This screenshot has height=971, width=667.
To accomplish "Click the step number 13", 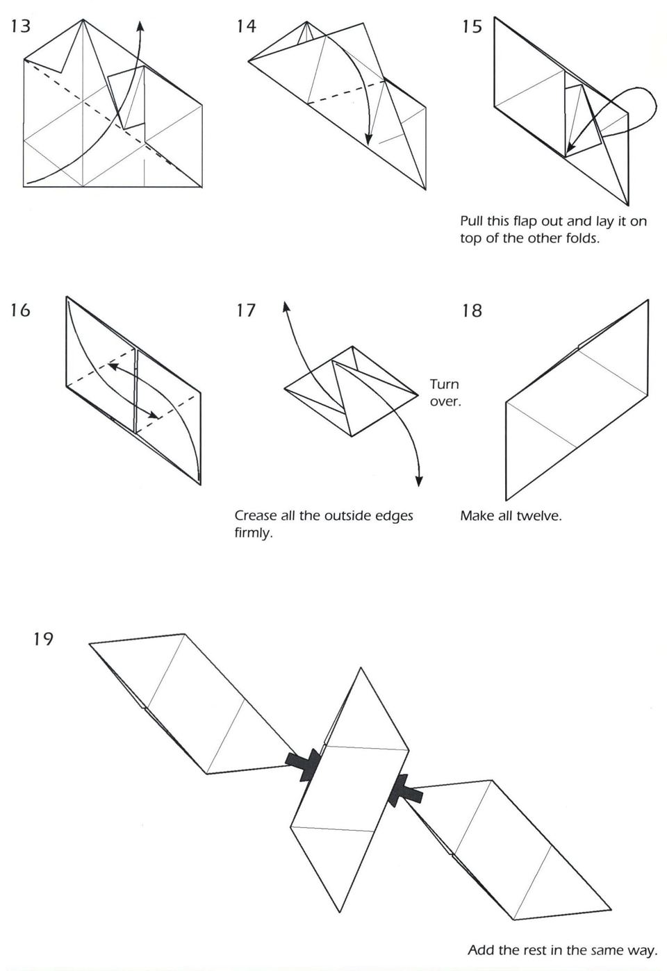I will click(x=21, y=26).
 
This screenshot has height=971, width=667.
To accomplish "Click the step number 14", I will click(x=246, y=26).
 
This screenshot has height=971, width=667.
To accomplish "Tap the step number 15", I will click(x=471, y=26).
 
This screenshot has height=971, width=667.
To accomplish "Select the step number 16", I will click(x=20, y=310).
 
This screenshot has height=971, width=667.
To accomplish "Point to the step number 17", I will click(x=246, y=310).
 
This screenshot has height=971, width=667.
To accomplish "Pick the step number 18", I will click(x=471, y=310).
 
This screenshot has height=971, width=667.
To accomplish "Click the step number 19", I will click(x=43, y=638).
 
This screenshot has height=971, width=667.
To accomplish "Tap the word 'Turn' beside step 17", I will click(x=444, y=384).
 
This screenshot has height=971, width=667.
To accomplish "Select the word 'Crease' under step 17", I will click(x=255, y=515).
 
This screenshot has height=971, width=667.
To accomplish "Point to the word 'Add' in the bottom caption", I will click(x=481, y=949).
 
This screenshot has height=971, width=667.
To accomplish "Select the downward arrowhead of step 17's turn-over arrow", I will click(x=419, y=481).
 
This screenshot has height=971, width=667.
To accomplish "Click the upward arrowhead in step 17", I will click(x=283, y=306).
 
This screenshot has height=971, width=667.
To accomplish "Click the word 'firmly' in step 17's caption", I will click(x=252, y=533).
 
